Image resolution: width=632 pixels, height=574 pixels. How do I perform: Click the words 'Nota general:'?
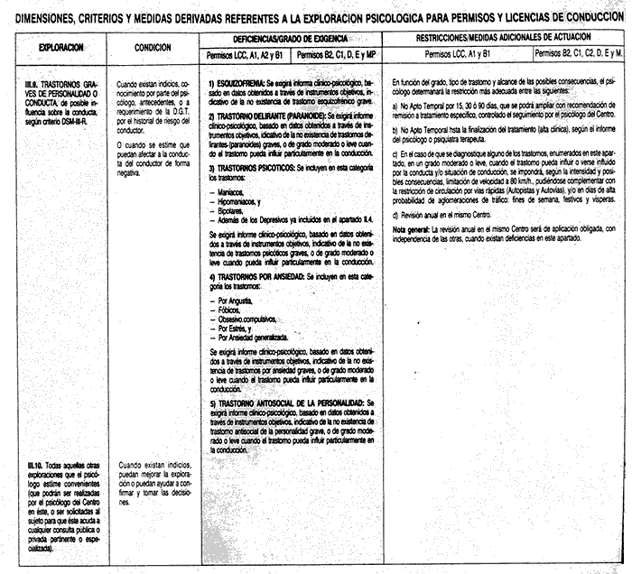pos(412,230)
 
